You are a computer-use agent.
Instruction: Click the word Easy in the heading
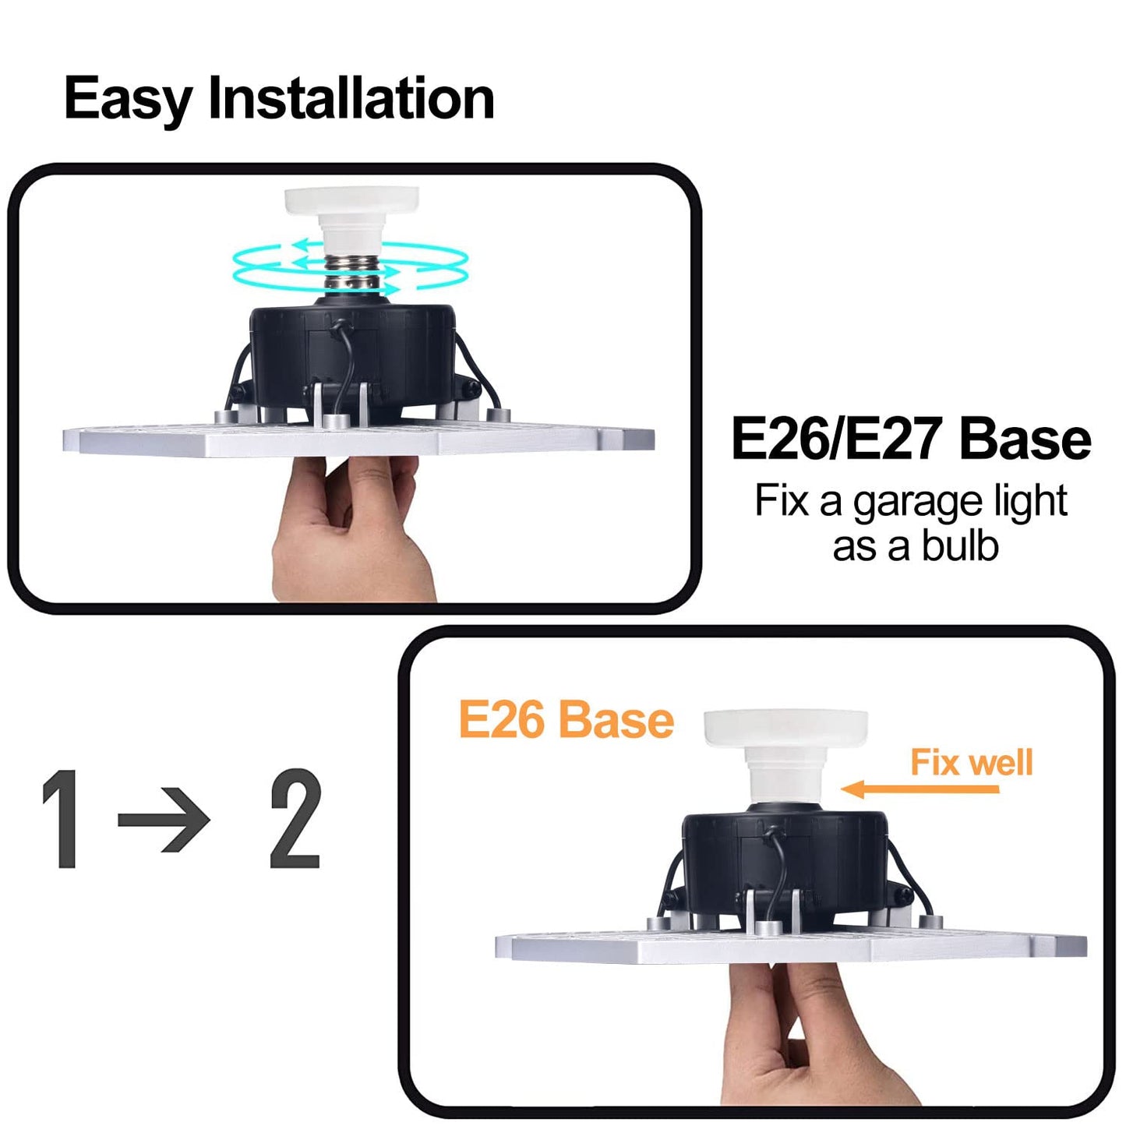point(128,99)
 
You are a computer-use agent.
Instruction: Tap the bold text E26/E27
point(838,439)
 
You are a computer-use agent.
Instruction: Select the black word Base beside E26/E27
point(1024,439)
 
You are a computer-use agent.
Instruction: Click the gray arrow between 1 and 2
point(164,820)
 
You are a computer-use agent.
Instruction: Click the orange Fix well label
point(971,762)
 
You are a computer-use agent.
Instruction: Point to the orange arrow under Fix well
point(920,789)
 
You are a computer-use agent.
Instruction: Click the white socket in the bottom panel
point(785,748)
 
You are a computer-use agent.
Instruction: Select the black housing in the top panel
point(351,351)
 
